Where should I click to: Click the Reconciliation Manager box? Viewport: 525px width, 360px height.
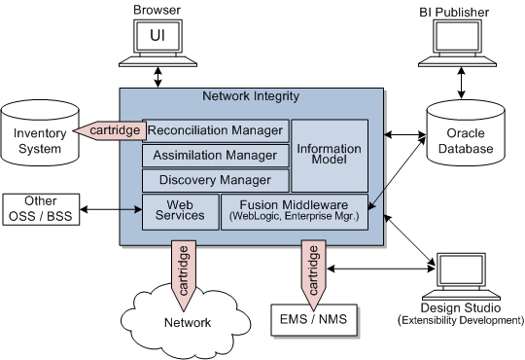(215, 130)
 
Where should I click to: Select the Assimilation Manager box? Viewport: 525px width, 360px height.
(215, 155)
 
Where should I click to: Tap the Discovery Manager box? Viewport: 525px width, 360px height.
(215, 180)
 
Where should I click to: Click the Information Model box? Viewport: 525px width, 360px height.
(331, 156)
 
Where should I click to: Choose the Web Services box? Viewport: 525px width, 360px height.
(180, 211)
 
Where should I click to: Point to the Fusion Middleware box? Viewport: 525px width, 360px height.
(295, 211)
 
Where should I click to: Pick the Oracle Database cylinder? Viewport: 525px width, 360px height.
(466, 135)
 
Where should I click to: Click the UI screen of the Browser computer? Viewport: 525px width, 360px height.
(157, 35)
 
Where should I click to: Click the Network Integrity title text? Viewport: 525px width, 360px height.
(251, 96)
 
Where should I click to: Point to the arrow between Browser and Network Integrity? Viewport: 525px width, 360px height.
(157, 75)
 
